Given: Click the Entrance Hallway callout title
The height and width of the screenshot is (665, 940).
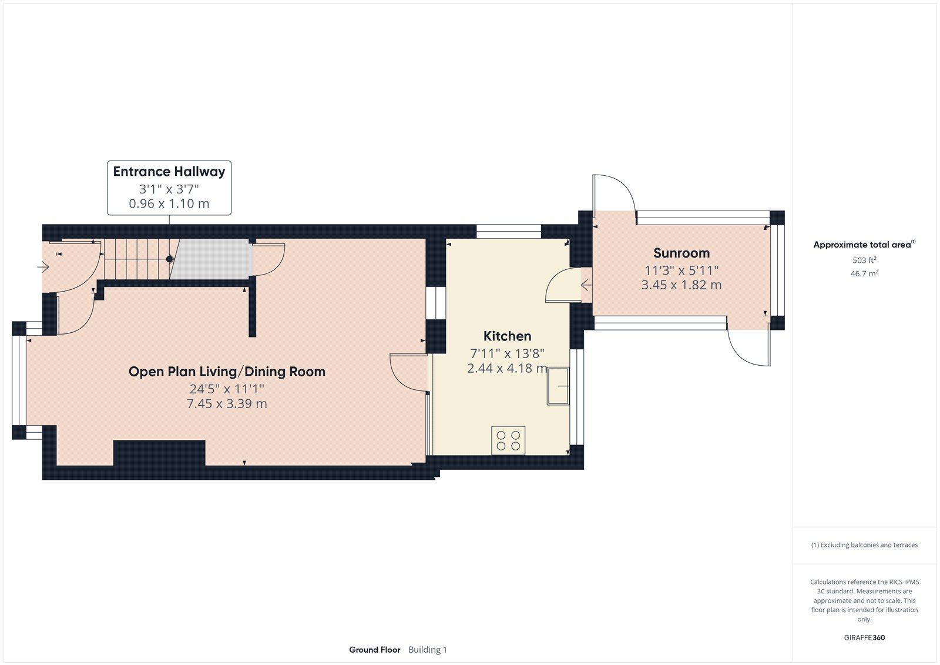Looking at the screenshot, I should (169, 172).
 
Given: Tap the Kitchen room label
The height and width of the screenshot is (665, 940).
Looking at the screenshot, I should (507, 336).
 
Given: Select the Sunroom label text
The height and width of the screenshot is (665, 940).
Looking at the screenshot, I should (681, 253).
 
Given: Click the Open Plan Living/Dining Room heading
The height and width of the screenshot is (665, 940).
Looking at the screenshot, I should (227, 372).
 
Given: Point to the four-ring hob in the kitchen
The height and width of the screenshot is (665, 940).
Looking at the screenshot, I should (508, 440).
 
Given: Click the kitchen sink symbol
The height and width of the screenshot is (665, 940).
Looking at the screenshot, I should (558, 386).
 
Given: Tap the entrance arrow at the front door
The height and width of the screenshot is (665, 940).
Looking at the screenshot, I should (43, 268).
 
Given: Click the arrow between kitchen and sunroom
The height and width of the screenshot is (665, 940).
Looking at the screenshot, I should (586, 286).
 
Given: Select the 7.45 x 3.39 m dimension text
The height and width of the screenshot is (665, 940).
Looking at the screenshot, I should (227, 404).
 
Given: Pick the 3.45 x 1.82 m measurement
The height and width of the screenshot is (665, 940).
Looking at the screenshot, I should (681, 285).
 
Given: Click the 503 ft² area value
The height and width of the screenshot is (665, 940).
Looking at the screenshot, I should (864, 260).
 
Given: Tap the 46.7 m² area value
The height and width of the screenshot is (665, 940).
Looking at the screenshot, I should (864, 273).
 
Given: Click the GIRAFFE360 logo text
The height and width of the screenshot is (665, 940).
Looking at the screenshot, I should (864, 637).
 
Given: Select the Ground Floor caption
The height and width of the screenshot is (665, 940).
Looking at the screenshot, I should (374, 650).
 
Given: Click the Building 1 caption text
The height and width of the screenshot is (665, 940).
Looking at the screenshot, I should (428, 650).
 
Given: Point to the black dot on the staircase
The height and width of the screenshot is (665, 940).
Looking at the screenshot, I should (170, 259).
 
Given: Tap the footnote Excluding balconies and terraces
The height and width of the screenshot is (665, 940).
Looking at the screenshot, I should (864, 545).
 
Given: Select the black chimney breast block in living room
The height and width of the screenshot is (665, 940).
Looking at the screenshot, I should (159, 453).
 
